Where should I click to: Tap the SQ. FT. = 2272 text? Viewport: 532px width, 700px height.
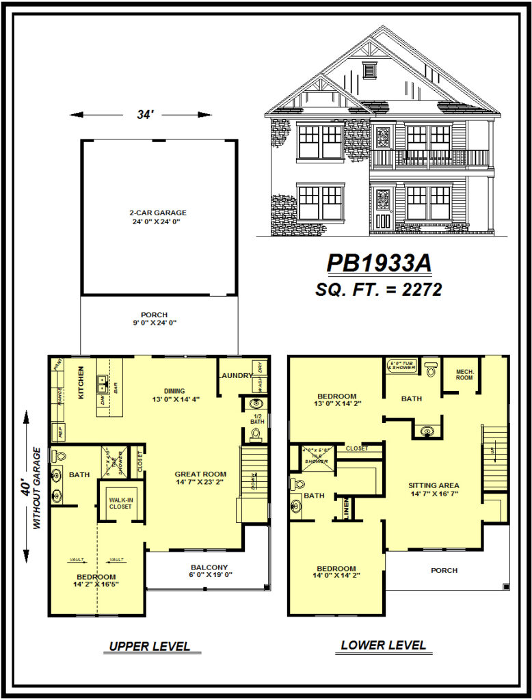click(378, 289)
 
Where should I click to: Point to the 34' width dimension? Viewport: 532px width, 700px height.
click(143, 115)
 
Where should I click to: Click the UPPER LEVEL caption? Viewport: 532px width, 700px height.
click(150, 646)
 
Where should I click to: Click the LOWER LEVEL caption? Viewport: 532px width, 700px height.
click(383, 645)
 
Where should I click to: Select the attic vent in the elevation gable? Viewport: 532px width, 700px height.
click(370, 70)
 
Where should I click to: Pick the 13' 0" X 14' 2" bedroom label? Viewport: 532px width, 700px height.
click(336, 400)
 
